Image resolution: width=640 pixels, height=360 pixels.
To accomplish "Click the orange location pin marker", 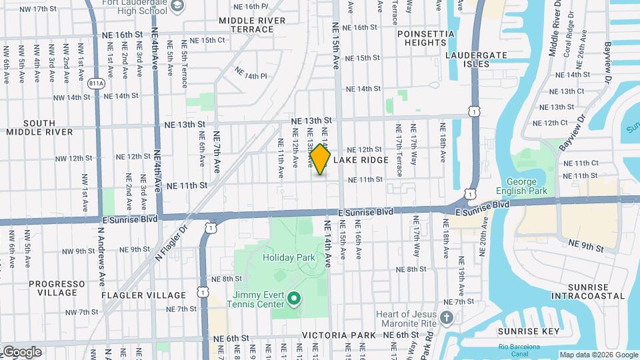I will tap(320, 159).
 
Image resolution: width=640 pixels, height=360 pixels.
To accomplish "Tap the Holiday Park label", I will tap(287, 257).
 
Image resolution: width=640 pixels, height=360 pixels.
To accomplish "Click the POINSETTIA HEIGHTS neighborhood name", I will tap(420, 38).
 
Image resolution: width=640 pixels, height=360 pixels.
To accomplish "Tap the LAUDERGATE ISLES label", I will tap(477, 59).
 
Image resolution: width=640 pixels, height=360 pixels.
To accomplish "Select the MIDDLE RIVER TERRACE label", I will tap(252, 25).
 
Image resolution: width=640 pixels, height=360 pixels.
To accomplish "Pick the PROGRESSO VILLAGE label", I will tap(57, 288).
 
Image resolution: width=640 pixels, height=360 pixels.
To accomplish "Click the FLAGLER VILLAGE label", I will tap(144, 295).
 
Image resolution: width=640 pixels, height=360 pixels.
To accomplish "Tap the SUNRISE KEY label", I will tap(531, 331).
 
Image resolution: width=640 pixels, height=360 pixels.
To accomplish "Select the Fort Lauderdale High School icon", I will tap(177, 7).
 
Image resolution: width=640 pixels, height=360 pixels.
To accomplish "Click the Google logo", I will tap(21, 352).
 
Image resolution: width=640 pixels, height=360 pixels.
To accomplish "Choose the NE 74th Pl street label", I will tap(250, 76).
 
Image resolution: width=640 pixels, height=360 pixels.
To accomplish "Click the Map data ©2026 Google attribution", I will tap(598, 355).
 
